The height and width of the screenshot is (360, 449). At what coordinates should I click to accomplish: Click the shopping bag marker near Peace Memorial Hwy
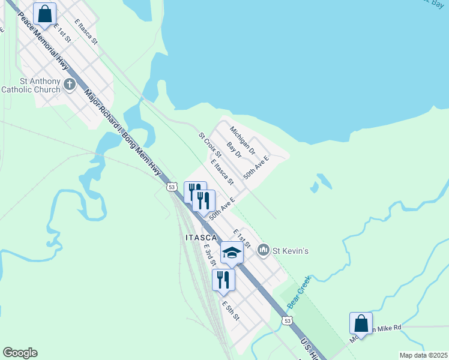click(44, 14)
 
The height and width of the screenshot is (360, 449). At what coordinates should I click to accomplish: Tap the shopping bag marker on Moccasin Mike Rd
click(361, 323)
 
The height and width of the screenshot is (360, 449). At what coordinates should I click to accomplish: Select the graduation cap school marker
click(232, 253)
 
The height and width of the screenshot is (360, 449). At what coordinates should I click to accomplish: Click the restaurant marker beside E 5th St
click(223, 280)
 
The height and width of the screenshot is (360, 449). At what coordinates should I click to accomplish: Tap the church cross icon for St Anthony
click(69, 83)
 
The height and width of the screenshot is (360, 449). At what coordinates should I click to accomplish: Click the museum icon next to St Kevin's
click(263, 250)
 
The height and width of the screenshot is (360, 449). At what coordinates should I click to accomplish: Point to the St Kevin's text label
click(291, 250)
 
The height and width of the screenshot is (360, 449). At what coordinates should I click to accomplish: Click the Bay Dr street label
click(234, 150)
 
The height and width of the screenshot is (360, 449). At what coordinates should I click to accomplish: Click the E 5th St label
click(231, 310)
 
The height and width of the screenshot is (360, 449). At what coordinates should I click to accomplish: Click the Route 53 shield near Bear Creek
click(288, 322)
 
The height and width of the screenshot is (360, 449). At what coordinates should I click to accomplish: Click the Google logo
click(20, 353)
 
